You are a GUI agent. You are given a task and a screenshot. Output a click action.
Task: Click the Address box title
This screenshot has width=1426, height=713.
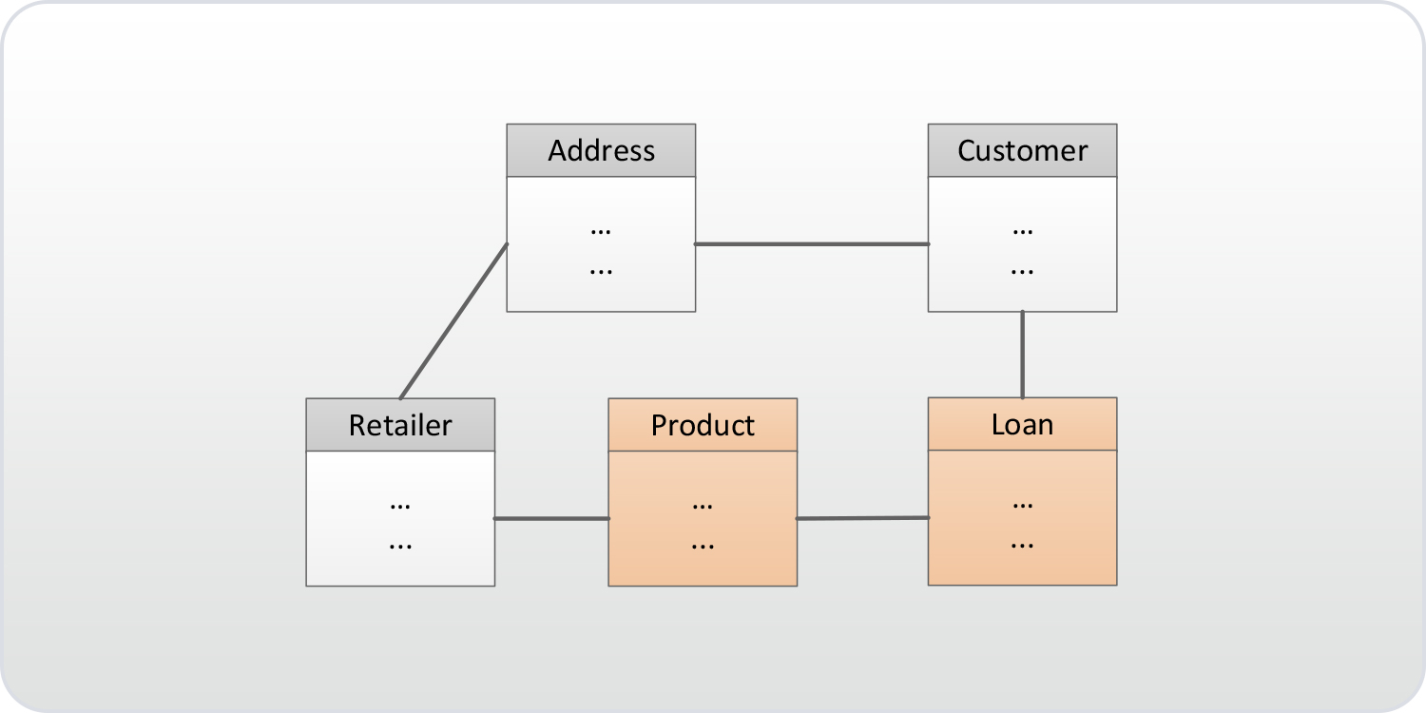pyautogui.click(x=601, y=151)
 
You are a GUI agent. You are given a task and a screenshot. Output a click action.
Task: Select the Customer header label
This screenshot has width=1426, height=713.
pyautogui.click(x=1022, y=151)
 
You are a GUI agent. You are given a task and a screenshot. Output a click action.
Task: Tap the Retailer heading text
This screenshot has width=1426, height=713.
pyautogui.click(x=400, y=425)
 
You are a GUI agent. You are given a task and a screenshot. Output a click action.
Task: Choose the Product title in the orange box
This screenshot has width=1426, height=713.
pyautogui.click(x=703, y=425)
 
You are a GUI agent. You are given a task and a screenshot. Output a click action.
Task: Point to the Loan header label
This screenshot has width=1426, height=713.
pyautogui.click(x=1022, y=424)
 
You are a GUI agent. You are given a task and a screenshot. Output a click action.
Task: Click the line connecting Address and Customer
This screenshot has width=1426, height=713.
pyautogui.click(x=812, y=244)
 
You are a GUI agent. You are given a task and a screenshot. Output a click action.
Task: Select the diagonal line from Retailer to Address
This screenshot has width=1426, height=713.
pyautogui.click(x=453, y=321)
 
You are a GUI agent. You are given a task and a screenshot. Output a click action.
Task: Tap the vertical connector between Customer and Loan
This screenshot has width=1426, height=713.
pyautogui.click(x=1022, y=355)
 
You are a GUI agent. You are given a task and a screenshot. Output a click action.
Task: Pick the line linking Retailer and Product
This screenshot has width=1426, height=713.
pyautogui.click(x=551, y=518)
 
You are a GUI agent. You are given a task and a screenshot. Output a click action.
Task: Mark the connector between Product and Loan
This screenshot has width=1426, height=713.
pyautogui.click(x=862, y=518)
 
